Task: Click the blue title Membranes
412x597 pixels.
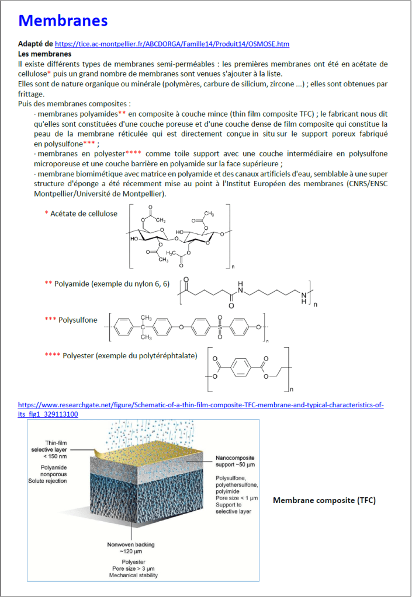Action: (63, 21)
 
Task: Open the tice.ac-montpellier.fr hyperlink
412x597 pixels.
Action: (172, 44)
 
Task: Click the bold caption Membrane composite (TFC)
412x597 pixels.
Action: (324, 501)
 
